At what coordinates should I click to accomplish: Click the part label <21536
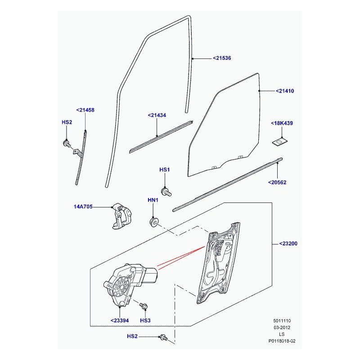(222, 58)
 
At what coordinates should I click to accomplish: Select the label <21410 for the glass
(285, 91)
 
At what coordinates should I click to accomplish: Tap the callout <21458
(85, 110)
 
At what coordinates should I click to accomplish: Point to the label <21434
(157, 115)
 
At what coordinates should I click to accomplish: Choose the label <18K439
(282, 123)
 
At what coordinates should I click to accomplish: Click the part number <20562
(277, 183)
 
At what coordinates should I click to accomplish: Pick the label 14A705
(83, 207)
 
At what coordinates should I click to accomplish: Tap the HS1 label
(164, 170)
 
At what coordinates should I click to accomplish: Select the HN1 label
(153, 200)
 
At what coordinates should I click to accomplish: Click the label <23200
(288, 243)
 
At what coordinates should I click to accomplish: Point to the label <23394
(120, 320)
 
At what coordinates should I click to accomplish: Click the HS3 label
(145, 320)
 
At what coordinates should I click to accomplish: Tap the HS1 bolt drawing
(166, 192)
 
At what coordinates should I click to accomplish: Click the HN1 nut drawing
(153, 222)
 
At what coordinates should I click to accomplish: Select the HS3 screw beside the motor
(144, 306)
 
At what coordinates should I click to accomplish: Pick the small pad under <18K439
(280, 142)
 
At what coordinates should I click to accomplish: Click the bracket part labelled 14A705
(121, 216)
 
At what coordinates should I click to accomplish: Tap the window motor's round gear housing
(121, 287)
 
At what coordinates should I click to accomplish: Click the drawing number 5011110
(282, 321)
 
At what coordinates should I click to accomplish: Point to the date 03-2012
(282, 328)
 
